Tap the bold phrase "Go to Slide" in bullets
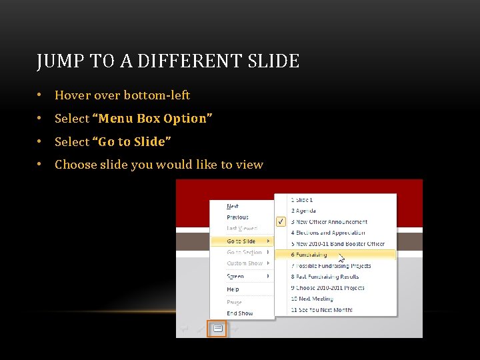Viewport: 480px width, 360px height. (x=135, y=142)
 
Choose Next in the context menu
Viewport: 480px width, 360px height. (x=233, y=207)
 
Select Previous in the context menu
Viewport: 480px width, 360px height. (x=237, y=217)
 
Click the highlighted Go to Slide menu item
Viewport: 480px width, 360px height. (x=241, y=241)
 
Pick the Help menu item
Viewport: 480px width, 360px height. (x=233, y=289)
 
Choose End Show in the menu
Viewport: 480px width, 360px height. (x=240, y=313)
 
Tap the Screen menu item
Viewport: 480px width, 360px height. (x=235, y=276)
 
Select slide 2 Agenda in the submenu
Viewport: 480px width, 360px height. (x=303, y=211)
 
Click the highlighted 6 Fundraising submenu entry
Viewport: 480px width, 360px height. (x=309, y=255)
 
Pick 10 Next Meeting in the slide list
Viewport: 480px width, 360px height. (x=311, y=299)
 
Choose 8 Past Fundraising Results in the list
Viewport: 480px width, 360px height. (x=325, y=277)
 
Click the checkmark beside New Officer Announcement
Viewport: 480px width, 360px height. (x=281, y=221)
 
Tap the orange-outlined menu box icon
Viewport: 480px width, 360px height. (x=217, y=328)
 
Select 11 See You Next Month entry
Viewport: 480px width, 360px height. (x=321, y=310)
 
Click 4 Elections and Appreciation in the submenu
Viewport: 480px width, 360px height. (x=328, y=233)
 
